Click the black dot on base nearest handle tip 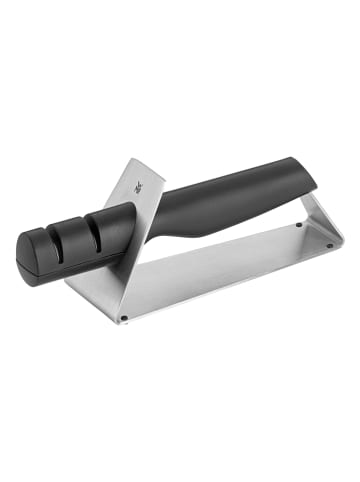[300, 226]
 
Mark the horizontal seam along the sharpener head [70, 251]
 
